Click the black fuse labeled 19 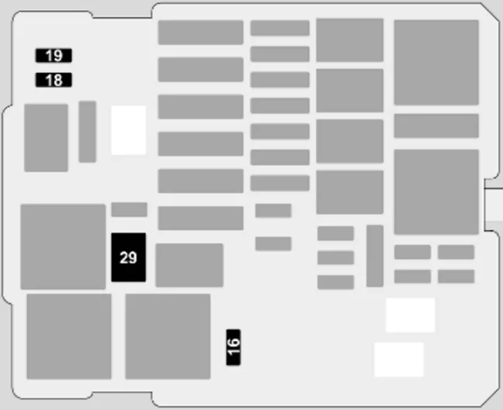coord(53,55)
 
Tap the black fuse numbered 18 coord(53,80)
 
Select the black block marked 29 coord(128,257)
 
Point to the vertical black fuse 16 coord(234,347)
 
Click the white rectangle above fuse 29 coord(128,130)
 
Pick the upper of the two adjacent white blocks coord(410,315)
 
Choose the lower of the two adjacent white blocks coord(399,360)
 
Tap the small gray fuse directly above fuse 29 coord(129,209)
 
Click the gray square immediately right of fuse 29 coord(190,265)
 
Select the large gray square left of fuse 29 coord(63,246)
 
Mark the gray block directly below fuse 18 coord(46,137)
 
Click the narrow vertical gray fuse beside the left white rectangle coord(87,132)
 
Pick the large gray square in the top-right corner coord(436,62)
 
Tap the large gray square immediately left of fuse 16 coord(168,336)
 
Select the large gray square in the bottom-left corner coord(69,336)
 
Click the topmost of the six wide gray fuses coord(201,33)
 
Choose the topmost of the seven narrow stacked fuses coord(280,28)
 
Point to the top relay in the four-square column coord(350,40)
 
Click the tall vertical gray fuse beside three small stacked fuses coord(375,256)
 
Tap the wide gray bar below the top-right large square coord(436,126)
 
